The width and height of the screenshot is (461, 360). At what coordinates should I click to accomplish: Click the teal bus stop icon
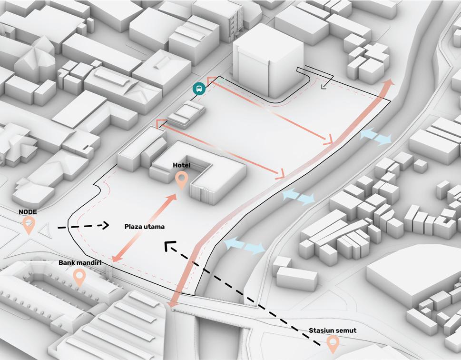(x=199, y=88)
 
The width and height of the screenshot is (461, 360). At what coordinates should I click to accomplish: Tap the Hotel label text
(x=181, y=165)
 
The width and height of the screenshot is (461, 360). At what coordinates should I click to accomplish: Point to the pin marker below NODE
(x=29, y=225)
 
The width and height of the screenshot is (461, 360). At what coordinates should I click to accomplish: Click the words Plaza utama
(x=141, y=227)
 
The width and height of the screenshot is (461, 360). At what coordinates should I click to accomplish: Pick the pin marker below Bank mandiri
(x=79, y=277)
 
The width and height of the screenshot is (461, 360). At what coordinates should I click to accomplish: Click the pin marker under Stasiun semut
(x=333, y=343)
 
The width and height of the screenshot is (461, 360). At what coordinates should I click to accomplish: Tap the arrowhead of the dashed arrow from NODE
(x=106, y=225)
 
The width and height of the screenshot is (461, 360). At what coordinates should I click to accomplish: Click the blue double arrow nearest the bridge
(x=244, y=245)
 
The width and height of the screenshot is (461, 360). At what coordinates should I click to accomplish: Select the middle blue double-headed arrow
(x=298, y=196)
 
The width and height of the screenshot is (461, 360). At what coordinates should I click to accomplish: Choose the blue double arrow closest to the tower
(x=376, y=137)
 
